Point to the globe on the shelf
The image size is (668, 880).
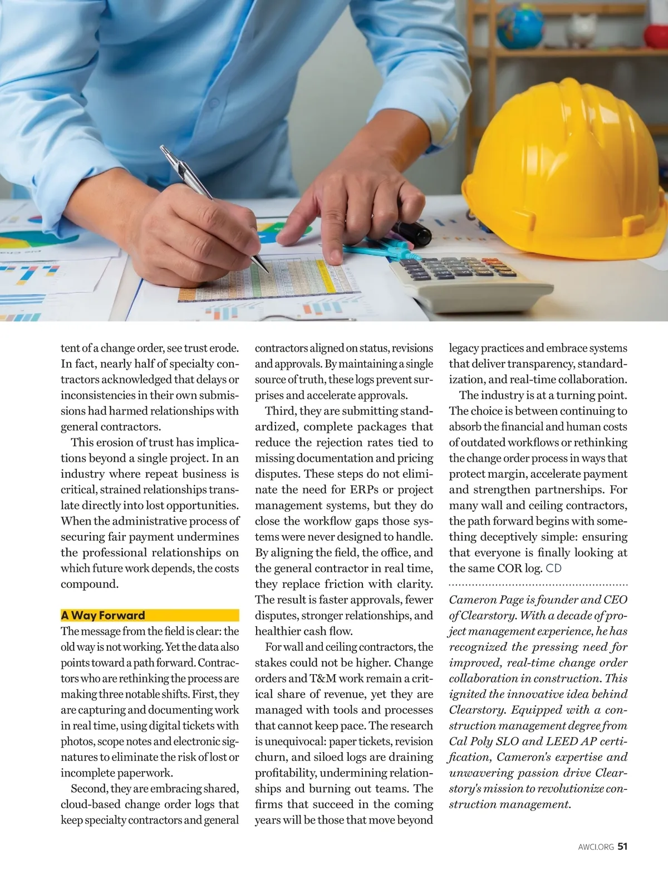pos(520,25)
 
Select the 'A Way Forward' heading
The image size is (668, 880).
pos(103,615)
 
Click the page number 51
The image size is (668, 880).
pos(622,847)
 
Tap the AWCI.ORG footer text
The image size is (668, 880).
pos(596,847)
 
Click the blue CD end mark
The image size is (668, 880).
pos(554,568)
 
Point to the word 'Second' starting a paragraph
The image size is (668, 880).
pos(89,789)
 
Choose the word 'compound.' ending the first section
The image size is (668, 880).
pos(90,584)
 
